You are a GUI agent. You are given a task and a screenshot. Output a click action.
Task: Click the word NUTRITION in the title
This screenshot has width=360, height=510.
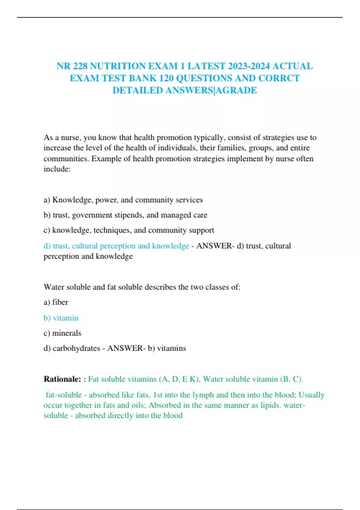tap(116, 66)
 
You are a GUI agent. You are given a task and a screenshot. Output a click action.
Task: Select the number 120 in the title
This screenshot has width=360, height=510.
tap(166, 78)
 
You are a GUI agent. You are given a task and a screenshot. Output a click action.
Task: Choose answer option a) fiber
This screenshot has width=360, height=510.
tap(56, 302)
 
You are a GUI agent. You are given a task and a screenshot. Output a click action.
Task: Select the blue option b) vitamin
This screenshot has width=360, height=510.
tap(61, 318)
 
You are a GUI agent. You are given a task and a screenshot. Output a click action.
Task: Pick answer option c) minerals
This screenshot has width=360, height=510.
tap(62, 333)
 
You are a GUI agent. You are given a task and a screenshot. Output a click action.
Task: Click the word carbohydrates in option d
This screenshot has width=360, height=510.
tap(76, 348)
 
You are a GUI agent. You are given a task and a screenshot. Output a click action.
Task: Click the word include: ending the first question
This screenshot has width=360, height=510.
tap(57, 169)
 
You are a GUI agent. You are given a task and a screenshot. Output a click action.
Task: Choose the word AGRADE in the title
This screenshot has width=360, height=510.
tap(236, 90)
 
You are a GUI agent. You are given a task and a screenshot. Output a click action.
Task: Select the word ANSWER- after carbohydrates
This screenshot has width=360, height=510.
tap(126, 348)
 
